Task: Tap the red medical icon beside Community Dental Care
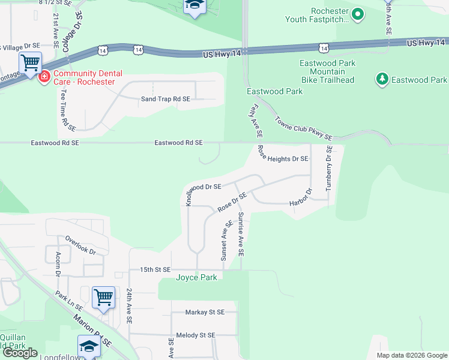point(44,77)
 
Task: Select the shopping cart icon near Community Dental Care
point(30,62)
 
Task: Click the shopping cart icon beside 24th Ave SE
point(103,297)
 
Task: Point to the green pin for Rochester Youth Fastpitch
point(358,14)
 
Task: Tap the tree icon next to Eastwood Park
point(382,79)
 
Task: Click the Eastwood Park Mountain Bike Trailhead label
point(327,71)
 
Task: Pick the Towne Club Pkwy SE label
point(304,128)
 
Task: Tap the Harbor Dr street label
point(301,199)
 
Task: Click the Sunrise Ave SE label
point(241,235)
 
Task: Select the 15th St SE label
point(155,270)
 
